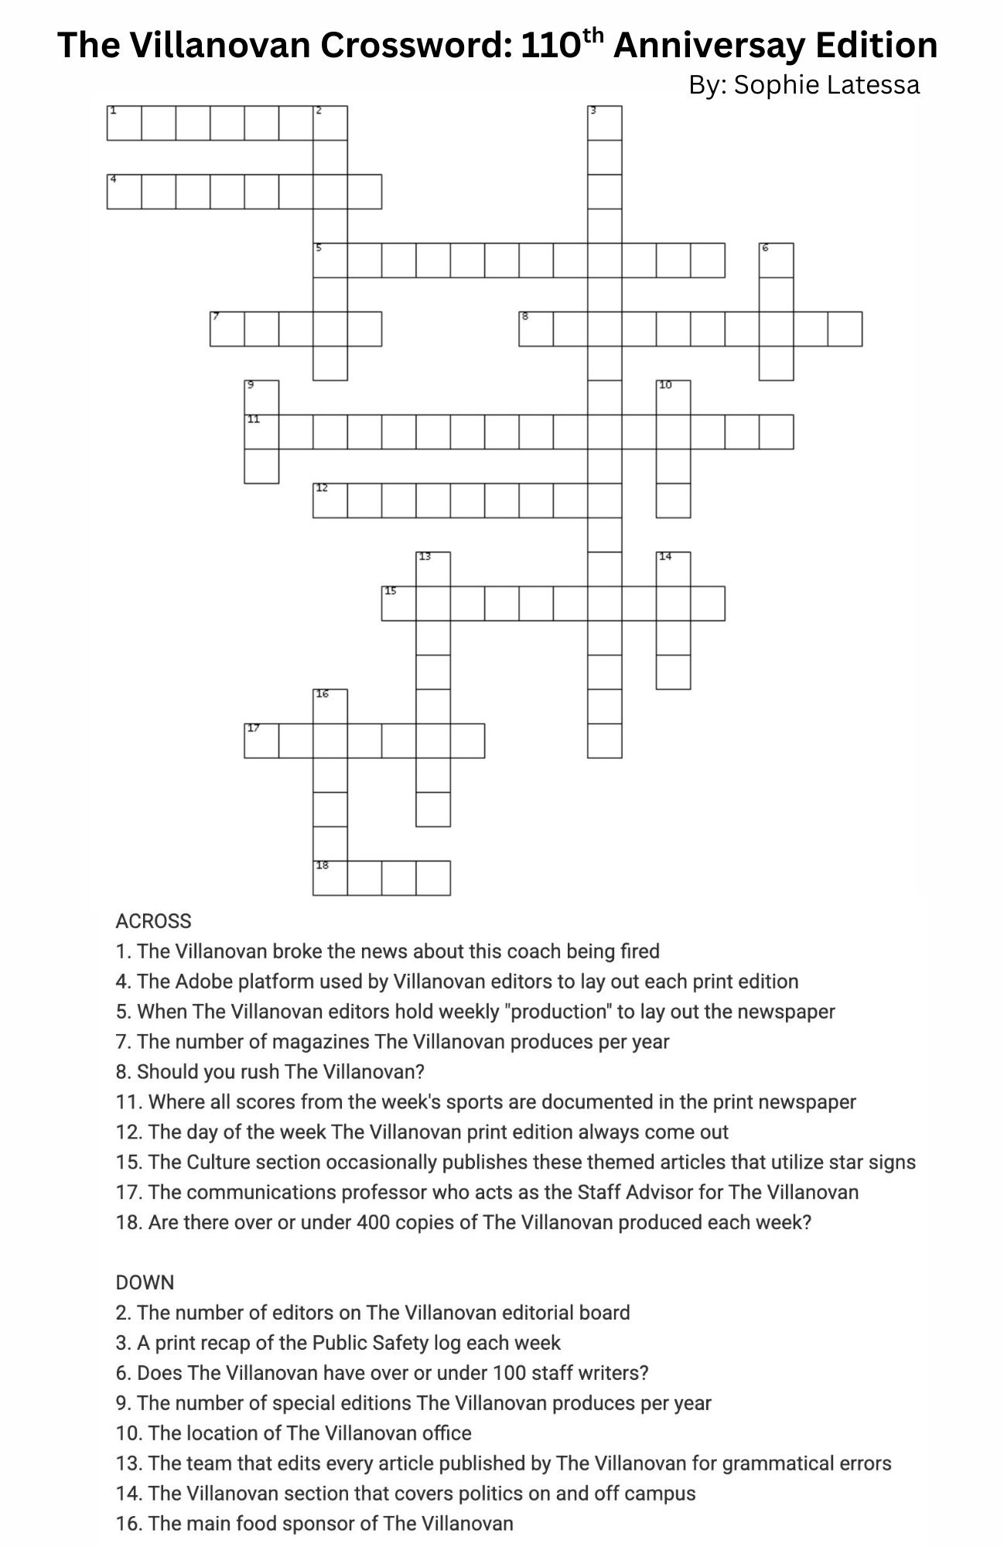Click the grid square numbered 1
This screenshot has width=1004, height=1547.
[124, 123]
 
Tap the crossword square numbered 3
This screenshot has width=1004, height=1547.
[605, 123]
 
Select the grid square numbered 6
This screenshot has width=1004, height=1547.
[777, 260]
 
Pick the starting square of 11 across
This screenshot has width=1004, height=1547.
[261, 432]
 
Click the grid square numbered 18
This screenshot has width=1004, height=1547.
[330, 878]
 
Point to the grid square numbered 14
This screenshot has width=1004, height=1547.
[673, 569]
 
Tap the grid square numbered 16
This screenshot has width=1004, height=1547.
[330, 706]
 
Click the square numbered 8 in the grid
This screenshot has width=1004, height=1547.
[536, 329]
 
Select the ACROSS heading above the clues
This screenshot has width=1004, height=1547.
[153, 921]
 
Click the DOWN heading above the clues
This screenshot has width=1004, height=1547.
[145, 1282]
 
